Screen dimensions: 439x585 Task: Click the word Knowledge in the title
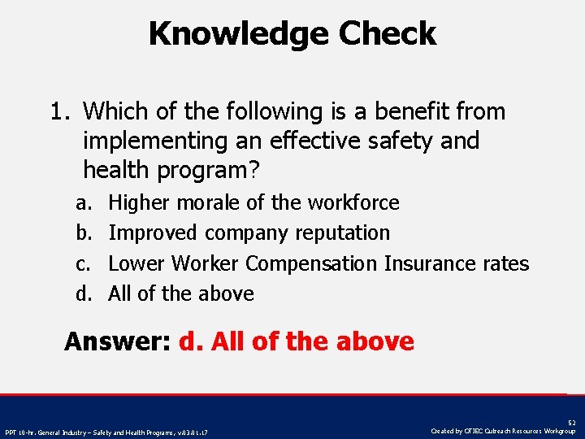239,34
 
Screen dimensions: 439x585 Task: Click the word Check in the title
388,34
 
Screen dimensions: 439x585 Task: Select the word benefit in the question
365,111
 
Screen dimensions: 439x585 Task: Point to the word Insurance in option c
432,263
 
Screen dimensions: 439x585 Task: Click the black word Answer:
117,341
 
